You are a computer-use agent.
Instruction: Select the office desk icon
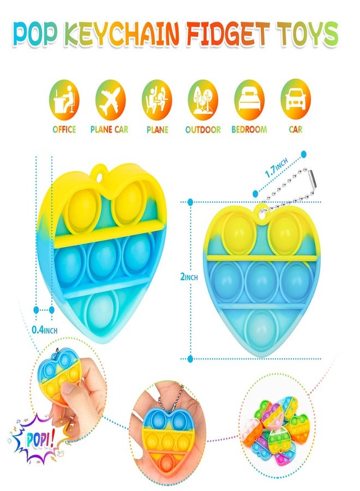(64, 100)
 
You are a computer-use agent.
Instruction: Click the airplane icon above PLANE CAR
(110, 100)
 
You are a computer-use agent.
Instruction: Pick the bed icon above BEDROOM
(249, 100)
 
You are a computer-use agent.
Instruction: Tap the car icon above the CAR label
(296, 99)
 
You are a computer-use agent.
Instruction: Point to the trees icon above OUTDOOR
(203, 100)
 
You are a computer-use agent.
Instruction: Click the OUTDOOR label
(203, 129)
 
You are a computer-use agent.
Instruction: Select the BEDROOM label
(249, 129)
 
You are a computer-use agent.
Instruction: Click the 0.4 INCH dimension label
(45, 330)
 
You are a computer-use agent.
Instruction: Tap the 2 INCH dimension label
(189, 277)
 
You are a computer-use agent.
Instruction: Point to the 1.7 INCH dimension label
(276, 167)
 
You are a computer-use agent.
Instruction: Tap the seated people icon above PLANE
(157, 100)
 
